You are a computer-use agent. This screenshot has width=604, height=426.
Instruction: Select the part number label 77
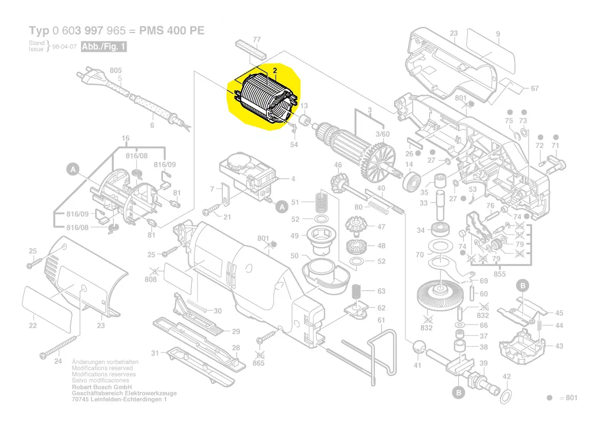click(256, 39)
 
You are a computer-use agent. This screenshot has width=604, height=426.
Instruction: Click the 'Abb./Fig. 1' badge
click(104, 47)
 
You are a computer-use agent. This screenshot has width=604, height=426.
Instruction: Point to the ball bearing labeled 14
click(412, 181)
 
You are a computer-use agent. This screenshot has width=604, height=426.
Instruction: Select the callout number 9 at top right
click(498, 35)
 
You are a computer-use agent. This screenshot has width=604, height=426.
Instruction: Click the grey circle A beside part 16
click(73, 169)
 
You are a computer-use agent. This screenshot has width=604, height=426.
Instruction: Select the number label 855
click(499, 274)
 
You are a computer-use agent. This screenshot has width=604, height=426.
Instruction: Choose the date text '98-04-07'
click(65, 47)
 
